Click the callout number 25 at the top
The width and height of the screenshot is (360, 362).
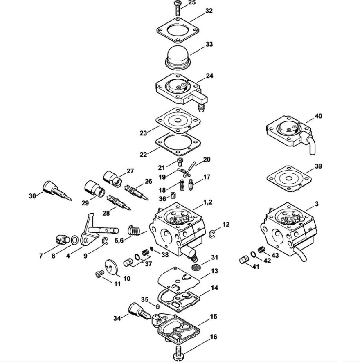point(192,2)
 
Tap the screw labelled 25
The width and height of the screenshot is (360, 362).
point(178,8)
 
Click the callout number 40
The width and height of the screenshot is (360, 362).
point(318,116)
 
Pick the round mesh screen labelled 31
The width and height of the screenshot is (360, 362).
point(196,268)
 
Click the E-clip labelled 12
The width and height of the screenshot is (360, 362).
point(212,234)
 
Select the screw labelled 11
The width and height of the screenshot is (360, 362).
point(99,274)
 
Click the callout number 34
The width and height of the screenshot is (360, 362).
point(117,318)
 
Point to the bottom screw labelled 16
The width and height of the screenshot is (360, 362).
point(179,355)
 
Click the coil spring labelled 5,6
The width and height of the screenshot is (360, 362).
point(134,230)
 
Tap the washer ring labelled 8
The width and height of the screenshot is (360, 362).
point(74,240)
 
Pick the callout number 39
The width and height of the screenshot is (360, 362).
point(318,166)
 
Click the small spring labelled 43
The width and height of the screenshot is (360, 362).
point(261,250)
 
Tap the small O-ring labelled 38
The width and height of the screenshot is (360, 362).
point(152,249)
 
